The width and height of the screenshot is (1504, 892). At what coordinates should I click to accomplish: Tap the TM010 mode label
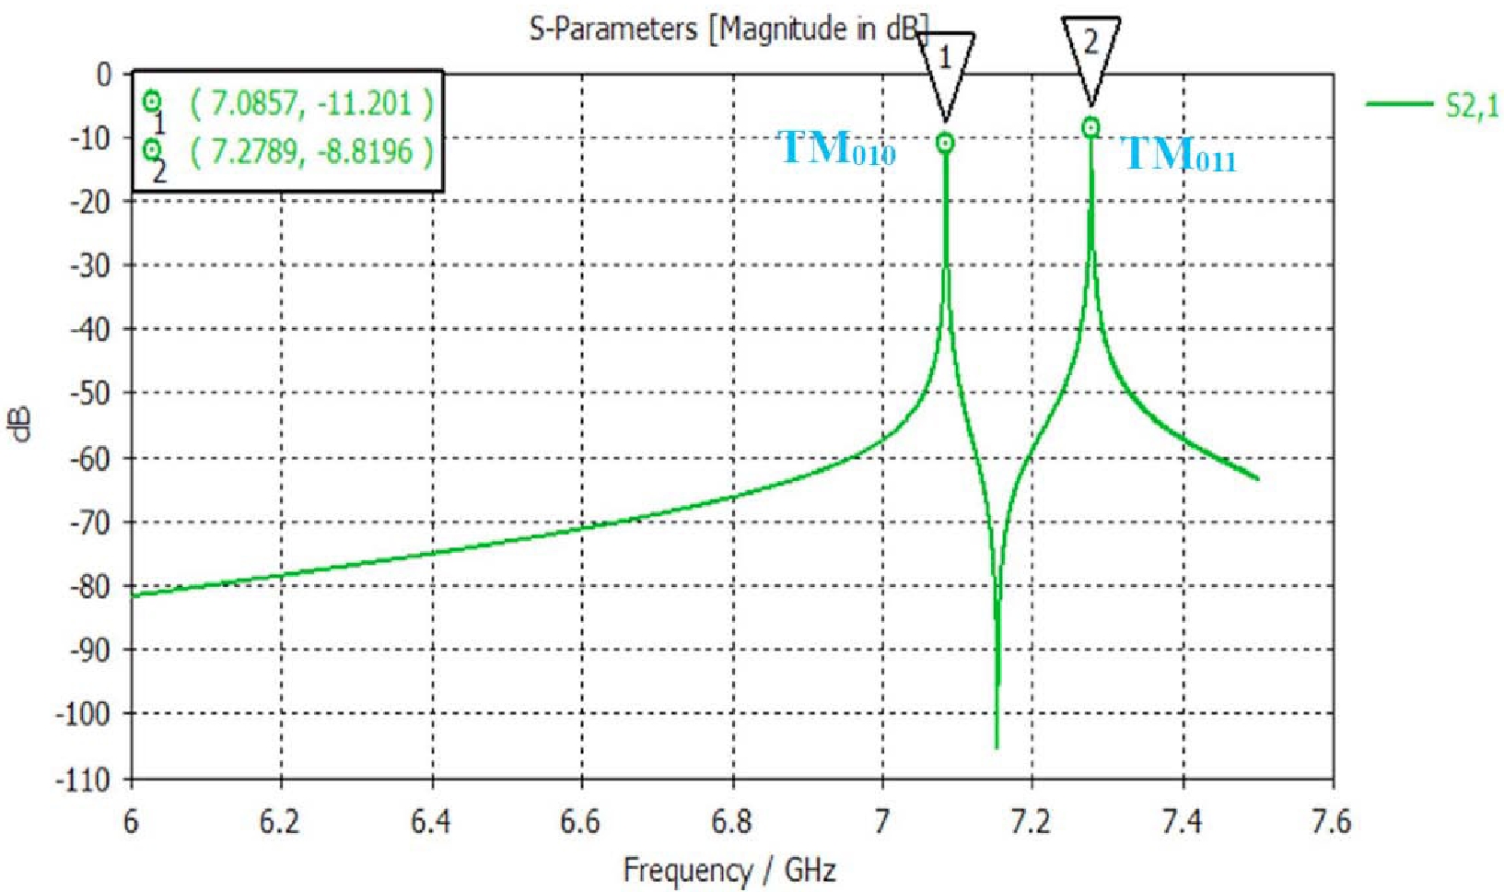point(837,148)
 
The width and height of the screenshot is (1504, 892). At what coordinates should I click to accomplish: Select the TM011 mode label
point(1179,154)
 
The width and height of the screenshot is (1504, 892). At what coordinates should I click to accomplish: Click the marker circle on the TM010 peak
point(945,143)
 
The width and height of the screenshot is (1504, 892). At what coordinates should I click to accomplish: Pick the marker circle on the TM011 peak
point(1090,127)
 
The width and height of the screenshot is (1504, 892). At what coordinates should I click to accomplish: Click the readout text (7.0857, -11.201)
point(311,103)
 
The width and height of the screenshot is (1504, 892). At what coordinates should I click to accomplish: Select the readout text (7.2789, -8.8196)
point(311,151)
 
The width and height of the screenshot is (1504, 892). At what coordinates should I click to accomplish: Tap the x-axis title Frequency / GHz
point(729,870)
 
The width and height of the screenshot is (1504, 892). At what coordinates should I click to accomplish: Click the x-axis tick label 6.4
point(431,821)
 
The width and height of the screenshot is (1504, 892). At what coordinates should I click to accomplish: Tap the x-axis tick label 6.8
point(731,821)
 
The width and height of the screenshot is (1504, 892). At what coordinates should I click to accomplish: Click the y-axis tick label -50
point(90,393)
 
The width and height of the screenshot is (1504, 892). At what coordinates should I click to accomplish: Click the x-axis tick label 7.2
point(1032,821)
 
